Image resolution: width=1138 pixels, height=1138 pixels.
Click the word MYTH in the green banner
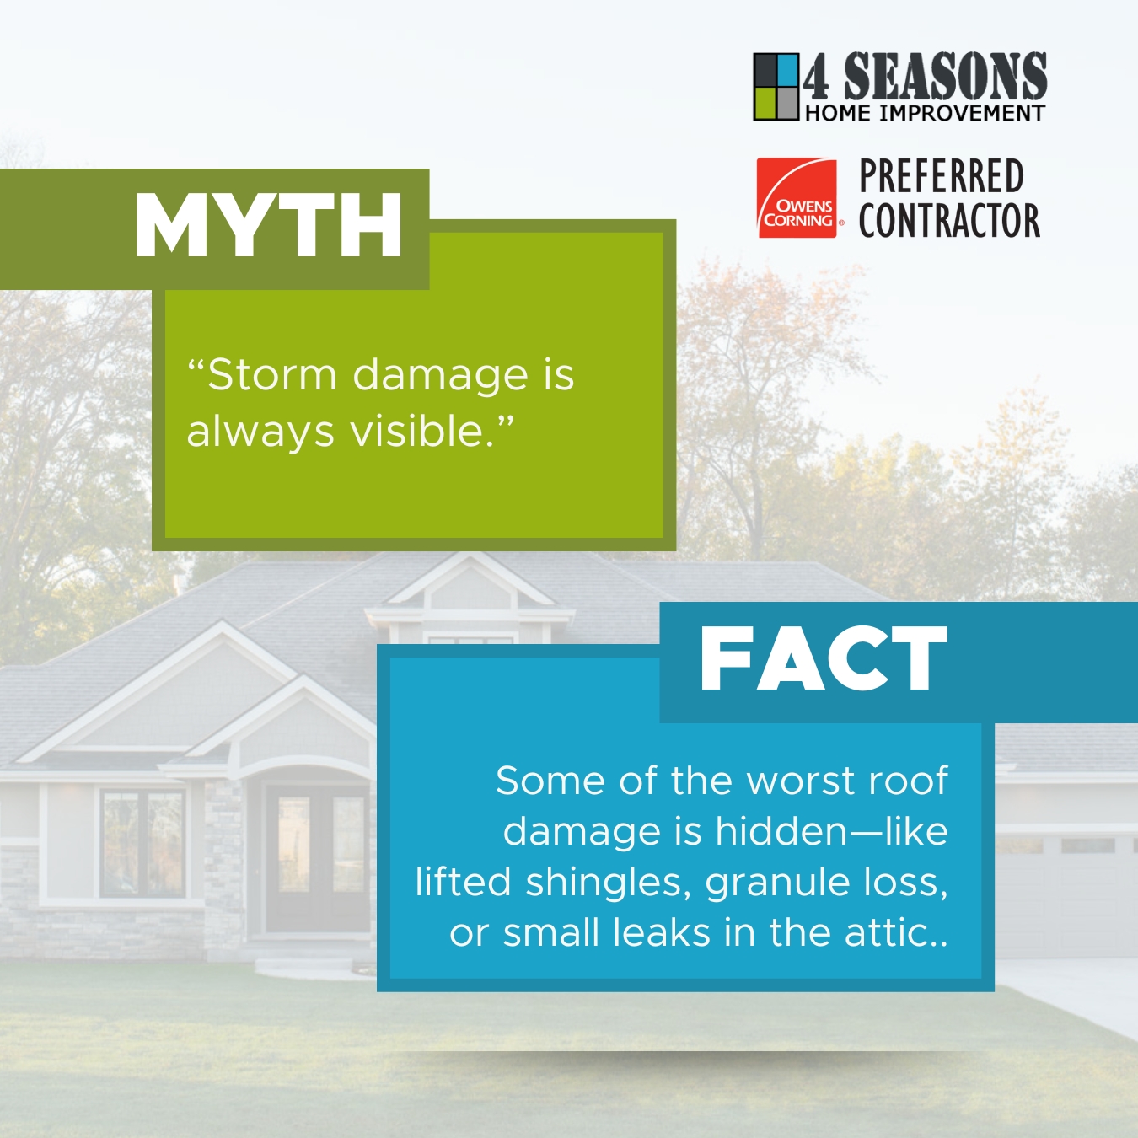pos(269,225)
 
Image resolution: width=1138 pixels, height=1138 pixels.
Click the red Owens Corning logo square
pos(797,198)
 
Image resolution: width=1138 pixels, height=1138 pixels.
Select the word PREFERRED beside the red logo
pos(942,176)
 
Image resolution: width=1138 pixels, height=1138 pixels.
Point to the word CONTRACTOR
pos(950,220)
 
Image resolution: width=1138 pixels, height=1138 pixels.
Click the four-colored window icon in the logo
pos(776,87)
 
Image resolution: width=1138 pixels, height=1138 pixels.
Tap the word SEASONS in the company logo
pos(946,76)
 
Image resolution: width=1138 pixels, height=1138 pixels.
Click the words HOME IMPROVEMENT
pos(926,112)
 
